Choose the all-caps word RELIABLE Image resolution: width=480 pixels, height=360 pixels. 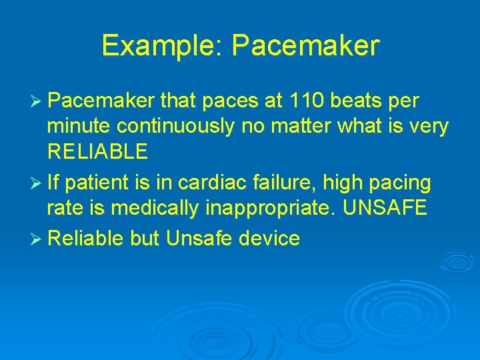97,151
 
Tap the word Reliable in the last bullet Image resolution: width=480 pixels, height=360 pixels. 85,238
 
